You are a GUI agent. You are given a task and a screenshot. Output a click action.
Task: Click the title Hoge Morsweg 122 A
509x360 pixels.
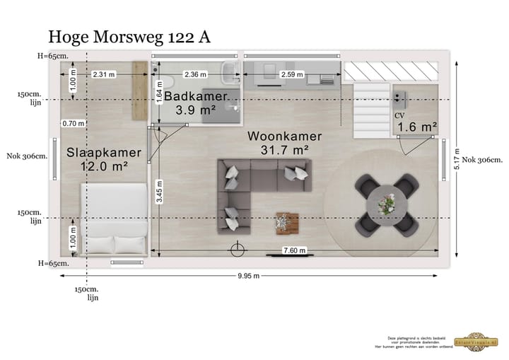pos(129,37)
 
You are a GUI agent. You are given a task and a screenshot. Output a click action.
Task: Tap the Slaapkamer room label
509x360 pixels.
pos(104,152)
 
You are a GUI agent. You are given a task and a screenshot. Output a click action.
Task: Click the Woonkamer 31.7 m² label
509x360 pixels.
pos(284,143)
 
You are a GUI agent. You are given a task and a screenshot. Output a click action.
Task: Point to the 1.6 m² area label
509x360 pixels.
pos(416,127)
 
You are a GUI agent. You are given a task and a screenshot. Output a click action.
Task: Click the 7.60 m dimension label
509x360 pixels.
pos(294,250)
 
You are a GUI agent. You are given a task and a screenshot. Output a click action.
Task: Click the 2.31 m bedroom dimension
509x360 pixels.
pos(103,74)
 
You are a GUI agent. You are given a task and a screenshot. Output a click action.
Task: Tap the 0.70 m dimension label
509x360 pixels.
pos(73,123)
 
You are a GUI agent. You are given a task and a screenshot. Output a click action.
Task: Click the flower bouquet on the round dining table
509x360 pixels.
pos(387,204)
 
